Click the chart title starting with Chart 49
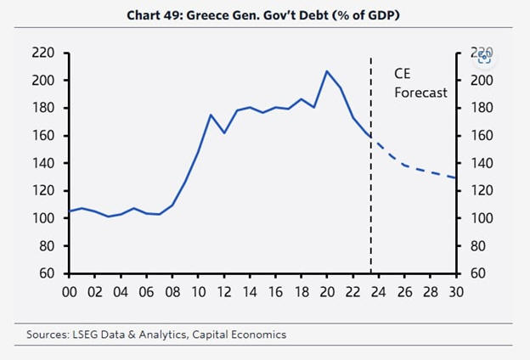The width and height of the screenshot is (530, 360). pos(265,15)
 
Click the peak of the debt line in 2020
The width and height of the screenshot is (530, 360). pos(327,71)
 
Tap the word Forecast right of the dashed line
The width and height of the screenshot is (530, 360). pos(420,93)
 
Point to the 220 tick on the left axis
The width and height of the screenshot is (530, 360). pos(43,53)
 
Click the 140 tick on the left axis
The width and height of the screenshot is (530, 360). pos(43,163)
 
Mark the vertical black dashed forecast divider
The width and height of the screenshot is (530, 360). pos(371,212)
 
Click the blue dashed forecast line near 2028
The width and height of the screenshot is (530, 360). pos(431,173)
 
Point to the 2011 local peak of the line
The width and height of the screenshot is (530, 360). pos(210,115)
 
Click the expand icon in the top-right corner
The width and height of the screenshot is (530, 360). pos(485,57)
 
